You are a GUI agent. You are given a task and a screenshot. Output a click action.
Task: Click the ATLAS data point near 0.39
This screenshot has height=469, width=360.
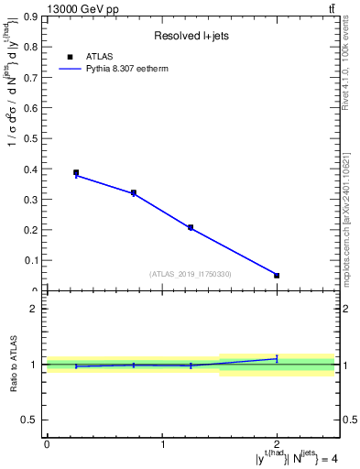click(x=76, y=172)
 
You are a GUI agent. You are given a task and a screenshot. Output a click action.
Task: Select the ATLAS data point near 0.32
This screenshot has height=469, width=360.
click(x=134, y=193)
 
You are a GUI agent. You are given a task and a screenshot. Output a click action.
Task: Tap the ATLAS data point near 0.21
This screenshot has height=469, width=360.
click(x=191, y=227)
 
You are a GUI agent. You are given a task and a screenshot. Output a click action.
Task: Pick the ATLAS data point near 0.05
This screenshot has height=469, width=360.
click(x=277, y=275)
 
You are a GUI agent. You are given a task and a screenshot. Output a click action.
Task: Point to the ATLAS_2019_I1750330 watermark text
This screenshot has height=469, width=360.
click(x=191, y=274)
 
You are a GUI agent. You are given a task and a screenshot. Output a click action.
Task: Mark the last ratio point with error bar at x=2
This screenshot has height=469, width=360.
click(x=277, y=358)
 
